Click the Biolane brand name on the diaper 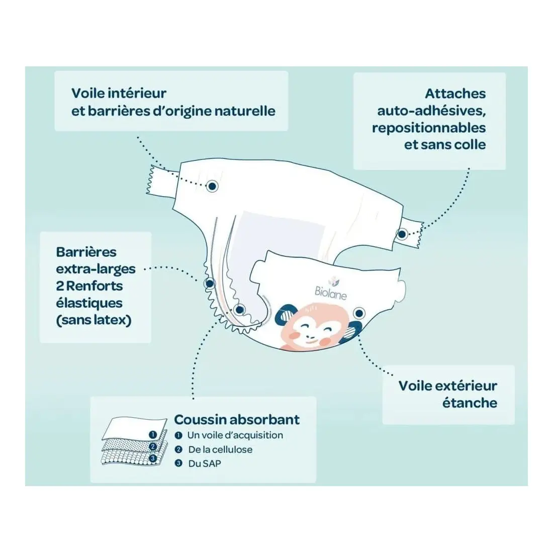330,293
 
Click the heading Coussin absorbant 237,419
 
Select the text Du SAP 205,463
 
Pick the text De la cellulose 220,449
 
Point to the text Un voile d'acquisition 235,435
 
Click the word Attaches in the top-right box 455,94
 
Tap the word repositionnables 429,128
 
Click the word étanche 470,403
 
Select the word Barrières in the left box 86,252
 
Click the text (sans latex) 94,320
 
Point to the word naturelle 245,111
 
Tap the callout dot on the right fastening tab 402,234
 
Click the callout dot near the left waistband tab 212,186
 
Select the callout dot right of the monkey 359,313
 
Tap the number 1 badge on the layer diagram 153,435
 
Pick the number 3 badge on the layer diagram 153,458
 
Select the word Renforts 95,286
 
